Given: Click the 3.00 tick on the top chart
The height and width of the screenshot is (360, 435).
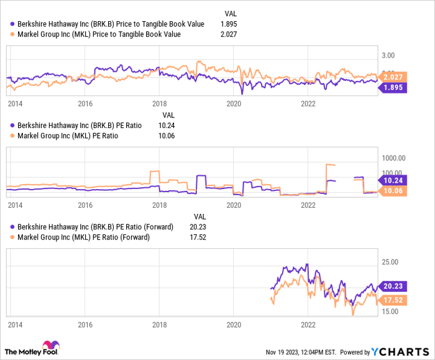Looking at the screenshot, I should [x=390, y=55].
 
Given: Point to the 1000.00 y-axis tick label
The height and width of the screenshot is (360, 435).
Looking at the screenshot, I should [x=393, y=157].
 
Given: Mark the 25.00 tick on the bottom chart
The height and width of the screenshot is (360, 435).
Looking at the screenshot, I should [x=390, y=262].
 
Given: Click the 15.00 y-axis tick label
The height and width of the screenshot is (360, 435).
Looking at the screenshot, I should [x=390, y=311].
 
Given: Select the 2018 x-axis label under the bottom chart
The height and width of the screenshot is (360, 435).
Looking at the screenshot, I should [x=160, y=325].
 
